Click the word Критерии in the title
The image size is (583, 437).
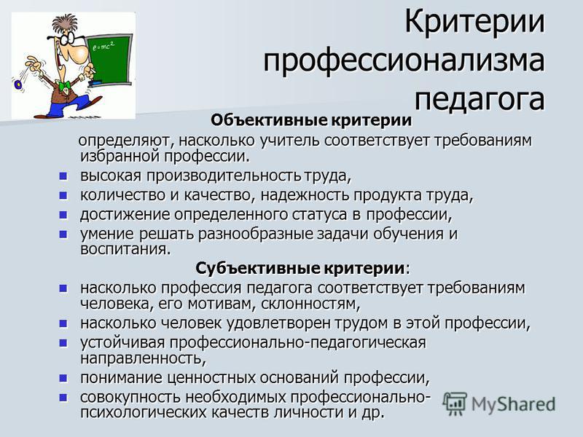pos(474,22)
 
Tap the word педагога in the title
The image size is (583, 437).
pos(480,98)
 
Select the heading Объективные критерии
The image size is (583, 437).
pos(311,120)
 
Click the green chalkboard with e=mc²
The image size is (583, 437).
pos(109,59)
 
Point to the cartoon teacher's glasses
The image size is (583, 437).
pos(64,39)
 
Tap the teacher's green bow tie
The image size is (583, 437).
pos(65,87)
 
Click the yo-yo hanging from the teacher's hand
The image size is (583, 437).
pos(17,84)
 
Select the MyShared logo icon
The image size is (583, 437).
pos(454,403)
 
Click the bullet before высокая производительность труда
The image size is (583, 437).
pos(63,176)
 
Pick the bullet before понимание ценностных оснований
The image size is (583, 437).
pos(63,378)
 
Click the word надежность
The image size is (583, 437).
pos(305,195)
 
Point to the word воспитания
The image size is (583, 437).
pos(125,249)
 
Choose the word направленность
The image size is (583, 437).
pos(143,358)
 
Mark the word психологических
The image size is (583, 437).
pos(143,413)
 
